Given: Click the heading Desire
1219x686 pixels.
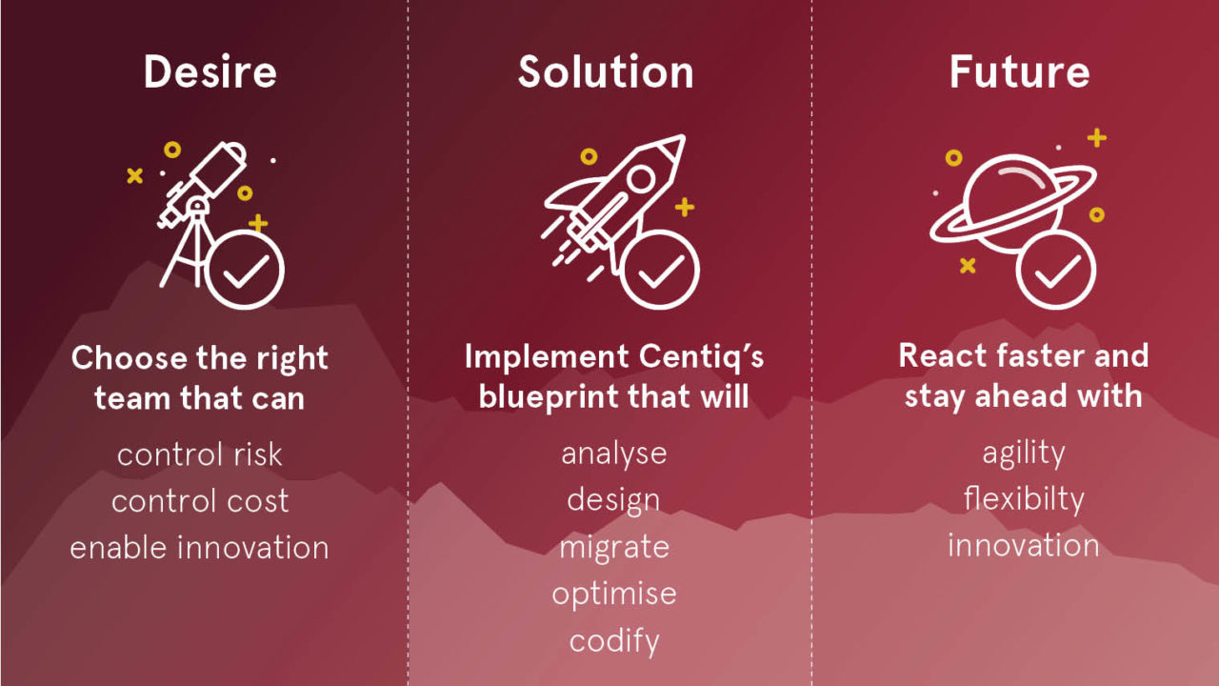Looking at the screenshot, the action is [210, 71].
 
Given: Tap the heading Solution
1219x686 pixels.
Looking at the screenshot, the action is [606, 71].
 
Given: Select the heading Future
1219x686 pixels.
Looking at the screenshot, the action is [1019, 71].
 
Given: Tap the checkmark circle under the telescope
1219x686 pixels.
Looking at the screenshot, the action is [245, 270].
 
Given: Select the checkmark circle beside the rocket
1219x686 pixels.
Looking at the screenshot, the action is [660, 270].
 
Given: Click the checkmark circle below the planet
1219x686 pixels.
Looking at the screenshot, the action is [1056, 270].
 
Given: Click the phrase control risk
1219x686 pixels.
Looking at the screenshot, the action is [199, 454].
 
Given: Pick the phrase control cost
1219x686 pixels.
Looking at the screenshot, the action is [200, 501].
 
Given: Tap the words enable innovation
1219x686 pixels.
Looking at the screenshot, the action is [199, 548].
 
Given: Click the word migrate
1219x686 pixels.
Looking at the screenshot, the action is [614, 548].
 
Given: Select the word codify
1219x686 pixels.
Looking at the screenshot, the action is [614, 641].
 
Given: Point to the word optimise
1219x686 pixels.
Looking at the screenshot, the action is [614, 595].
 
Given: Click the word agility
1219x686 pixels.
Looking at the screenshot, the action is [1023, 454].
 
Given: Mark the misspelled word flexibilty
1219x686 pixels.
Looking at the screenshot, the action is [1023, 499].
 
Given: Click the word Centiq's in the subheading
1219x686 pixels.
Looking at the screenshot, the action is [701, 357].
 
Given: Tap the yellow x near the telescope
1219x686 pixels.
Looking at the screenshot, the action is [134, 176].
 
